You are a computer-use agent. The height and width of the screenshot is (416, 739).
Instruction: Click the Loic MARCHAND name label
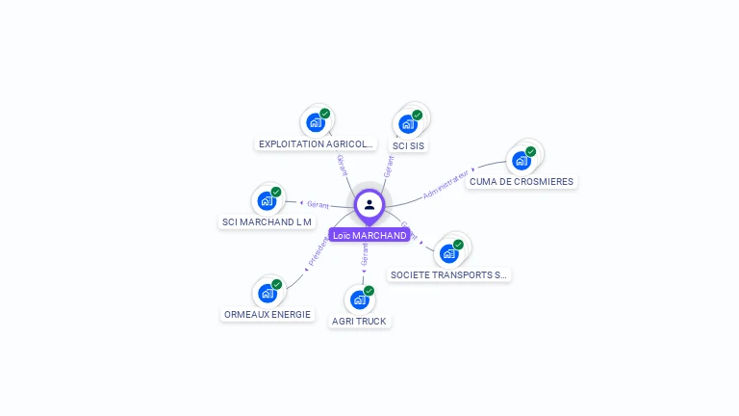[x=369, y=235]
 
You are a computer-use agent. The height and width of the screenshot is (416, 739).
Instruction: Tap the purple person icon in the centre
[x=369, y=204]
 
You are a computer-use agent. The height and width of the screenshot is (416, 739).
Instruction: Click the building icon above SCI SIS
[x=408, y=123]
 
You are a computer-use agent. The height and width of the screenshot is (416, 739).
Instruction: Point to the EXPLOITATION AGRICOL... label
[x=316, y=143]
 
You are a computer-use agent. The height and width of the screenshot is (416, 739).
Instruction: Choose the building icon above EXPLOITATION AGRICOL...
[x=316, y=122]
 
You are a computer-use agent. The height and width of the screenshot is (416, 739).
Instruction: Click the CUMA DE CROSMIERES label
[x=522, y=181]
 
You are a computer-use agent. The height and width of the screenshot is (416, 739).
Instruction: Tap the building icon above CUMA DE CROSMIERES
[x=522, y=160]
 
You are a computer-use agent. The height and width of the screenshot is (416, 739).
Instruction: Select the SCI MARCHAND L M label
[x=268, y=221]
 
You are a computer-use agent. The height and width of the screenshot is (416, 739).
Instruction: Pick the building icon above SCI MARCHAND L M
[x=267, y=200]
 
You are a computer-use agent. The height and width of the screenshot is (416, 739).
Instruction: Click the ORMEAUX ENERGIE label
[x=268, y=314]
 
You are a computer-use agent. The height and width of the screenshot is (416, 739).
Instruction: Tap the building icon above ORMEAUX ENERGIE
[x=268, y=293]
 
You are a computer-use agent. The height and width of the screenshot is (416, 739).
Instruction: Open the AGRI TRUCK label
[x=359, y=321]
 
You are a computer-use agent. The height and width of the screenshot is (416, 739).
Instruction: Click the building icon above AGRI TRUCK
[x=360, y=299]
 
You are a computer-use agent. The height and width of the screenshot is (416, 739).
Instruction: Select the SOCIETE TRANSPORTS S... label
[x=449, y=274]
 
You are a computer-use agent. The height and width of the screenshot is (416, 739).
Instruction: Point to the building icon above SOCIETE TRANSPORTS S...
[x=449, y=253]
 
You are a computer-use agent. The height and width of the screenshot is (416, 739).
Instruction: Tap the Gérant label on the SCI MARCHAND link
[x=319, y=204]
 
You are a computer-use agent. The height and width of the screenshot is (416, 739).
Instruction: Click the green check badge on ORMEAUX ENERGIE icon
[x=277, y=284]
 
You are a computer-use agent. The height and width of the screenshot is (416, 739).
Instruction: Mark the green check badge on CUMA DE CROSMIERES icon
[x=530, y=151]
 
